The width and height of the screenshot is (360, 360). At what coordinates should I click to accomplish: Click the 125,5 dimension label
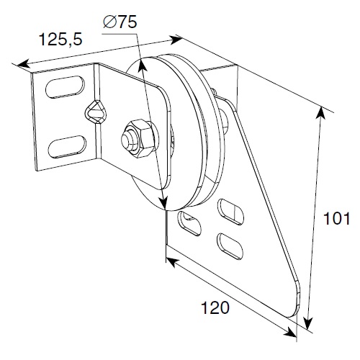60,39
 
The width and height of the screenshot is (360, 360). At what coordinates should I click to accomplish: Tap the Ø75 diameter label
120,22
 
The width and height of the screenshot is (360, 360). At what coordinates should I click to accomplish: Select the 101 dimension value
337,218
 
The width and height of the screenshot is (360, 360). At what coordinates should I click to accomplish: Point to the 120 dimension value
215,307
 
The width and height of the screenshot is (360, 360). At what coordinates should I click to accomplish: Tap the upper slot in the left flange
65,86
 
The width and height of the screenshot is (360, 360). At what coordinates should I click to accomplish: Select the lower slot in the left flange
67,146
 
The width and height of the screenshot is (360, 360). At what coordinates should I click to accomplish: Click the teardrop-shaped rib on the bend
96,112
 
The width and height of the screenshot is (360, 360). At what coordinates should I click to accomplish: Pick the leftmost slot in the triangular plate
189,223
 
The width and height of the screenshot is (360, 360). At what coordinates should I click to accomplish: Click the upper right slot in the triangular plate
230,212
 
